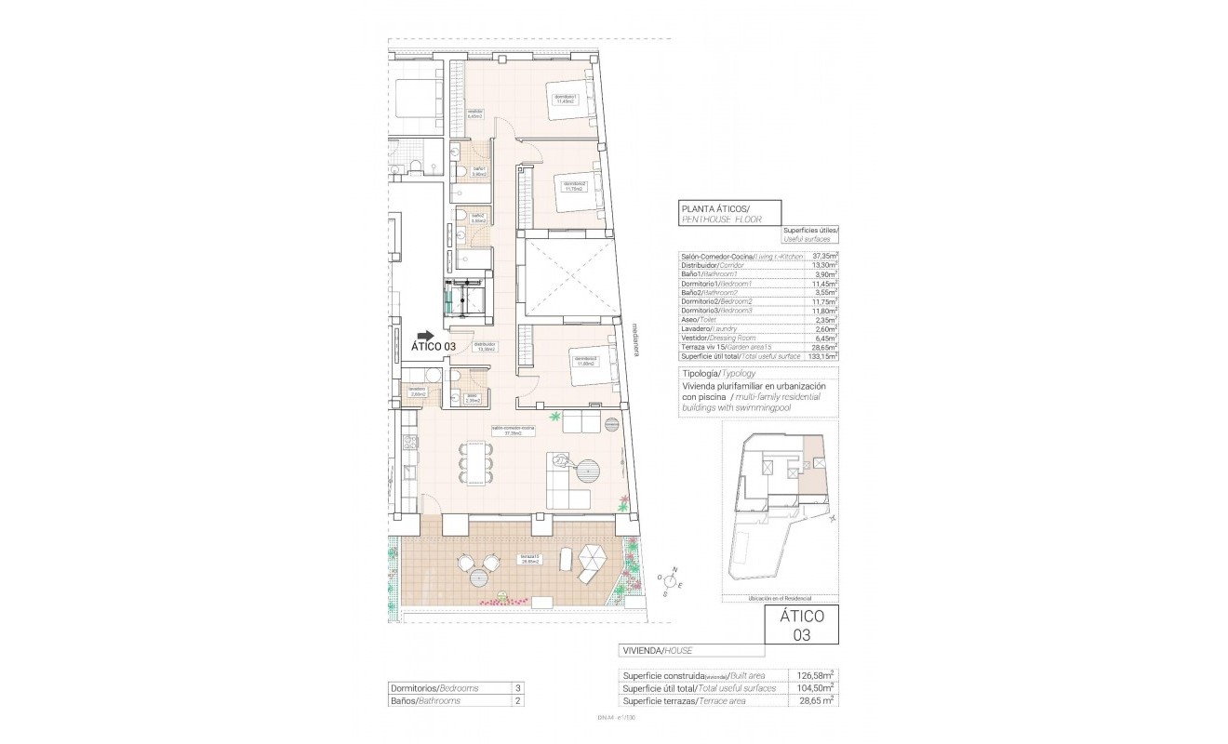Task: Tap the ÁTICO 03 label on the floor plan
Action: coord(434,347)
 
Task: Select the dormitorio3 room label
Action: coord(584,361)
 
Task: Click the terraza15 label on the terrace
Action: coord(530,560)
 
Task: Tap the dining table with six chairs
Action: coord(475,462)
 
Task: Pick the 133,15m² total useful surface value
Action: coord(822,355)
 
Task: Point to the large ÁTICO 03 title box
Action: coord(801,625)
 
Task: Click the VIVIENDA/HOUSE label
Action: coord(657,650)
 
